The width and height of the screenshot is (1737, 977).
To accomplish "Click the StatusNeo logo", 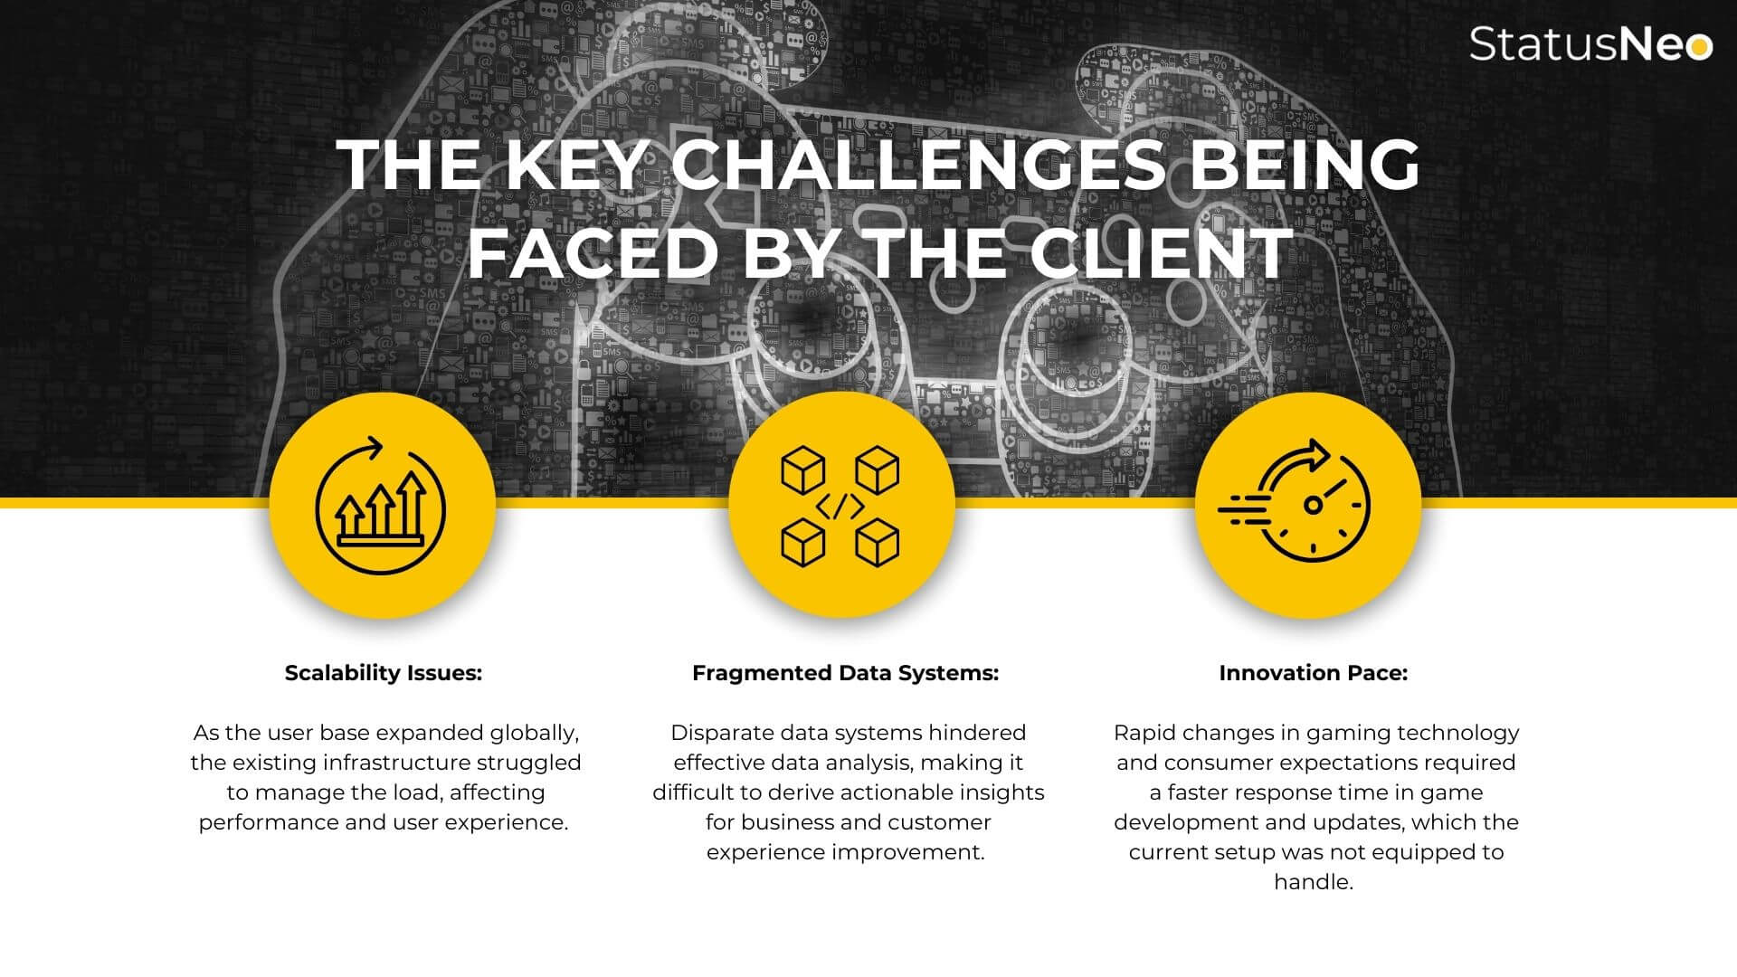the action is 1590,43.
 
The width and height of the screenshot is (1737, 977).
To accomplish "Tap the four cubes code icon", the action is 840,507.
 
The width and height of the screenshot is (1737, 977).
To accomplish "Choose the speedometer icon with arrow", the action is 1295,501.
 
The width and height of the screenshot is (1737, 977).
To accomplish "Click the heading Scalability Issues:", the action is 384,673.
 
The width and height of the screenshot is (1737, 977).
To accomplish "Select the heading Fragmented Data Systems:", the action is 846,673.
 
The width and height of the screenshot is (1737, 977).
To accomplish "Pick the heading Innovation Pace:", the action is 1314,673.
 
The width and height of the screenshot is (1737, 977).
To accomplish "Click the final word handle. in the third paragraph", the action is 1314,882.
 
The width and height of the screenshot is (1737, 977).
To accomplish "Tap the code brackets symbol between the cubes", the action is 840,507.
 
